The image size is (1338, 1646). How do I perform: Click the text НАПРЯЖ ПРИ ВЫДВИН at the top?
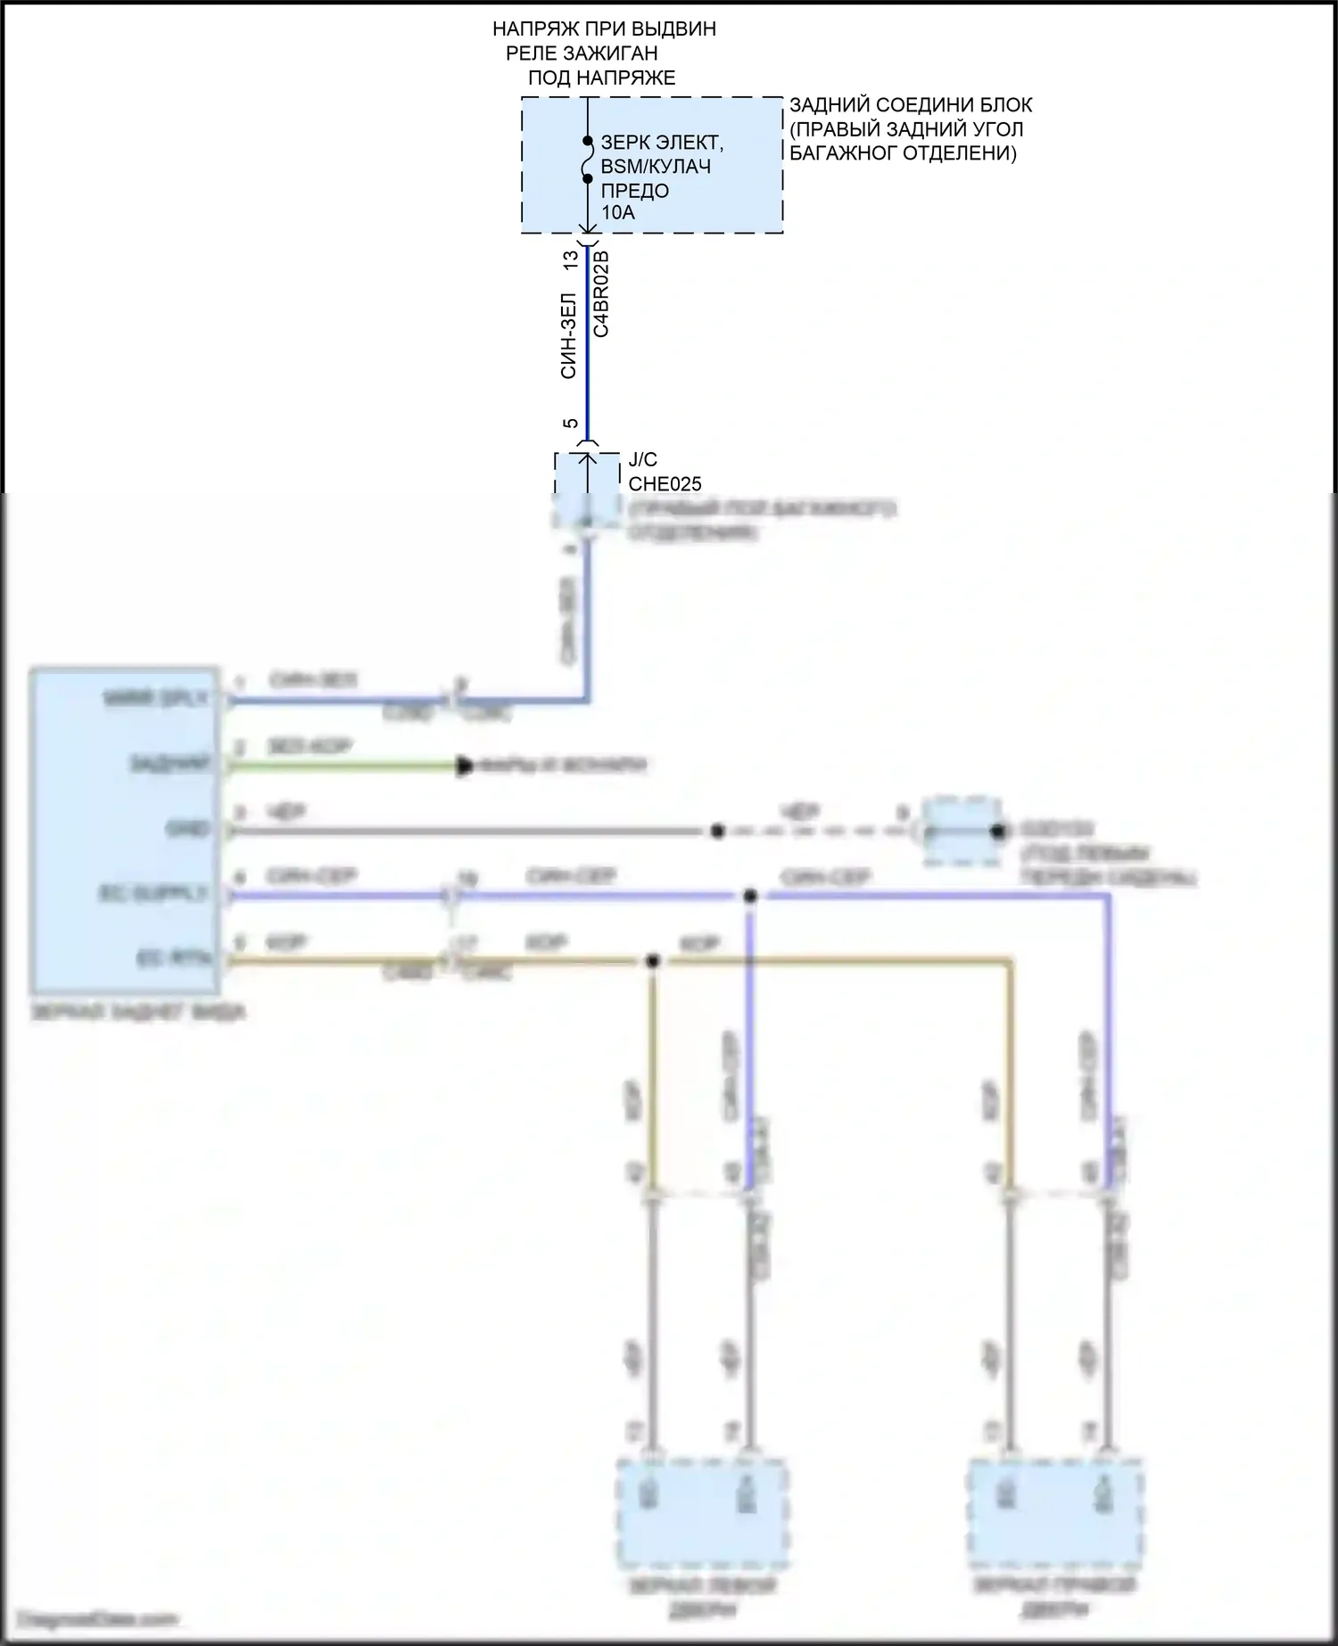coord(604,29)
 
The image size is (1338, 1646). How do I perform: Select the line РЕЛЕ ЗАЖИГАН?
coord(582,53)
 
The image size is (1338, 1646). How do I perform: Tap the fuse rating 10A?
coord(618,213)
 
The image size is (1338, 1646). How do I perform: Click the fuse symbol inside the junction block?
coord(587,160)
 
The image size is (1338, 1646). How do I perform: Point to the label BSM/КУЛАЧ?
coord(656,167)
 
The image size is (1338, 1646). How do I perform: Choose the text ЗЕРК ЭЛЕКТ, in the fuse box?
coord(662,143)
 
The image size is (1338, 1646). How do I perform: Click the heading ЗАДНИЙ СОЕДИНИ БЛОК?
coord(911,105)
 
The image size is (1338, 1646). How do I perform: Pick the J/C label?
coord(642,460)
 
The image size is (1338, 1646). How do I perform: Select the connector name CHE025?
coord(665,484)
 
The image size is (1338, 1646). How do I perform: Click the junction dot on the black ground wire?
coord(717,831)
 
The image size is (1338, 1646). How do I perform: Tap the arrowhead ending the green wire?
coord(464,766)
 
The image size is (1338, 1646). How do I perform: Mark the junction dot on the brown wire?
coord(653,961)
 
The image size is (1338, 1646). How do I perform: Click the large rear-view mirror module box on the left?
coord(125,829)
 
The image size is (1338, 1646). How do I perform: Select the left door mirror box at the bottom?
coord(702,1512)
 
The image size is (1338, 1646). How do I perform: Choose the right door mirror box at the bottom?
coord(1054,1512)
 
